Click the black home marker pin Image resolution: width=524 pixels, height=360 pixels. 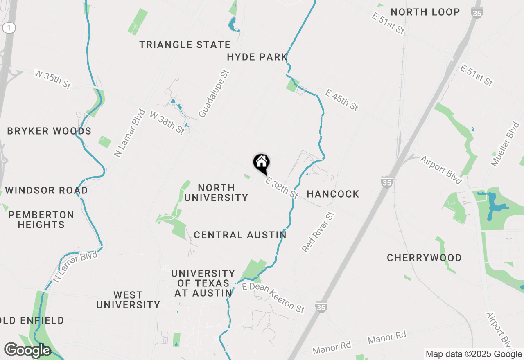tap(262, 163)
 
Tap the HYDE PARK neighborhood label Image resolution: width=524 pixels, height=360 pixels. tap(257, 57)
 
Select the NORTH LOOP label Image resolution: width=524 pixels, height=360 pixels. tap(425, 12)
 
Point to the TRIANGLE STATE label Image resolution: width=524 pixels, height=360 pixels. tap(185, 45)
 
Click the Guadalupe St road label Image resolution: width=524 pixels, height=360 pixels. tap(214, 94)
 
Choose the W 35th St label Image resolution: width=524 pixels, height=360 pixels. tap(53, 79)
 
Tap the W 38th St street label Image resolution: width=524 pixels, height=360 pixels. tap(167, 122)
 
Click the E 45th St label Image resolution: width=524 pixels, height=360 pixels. tap(342, 100)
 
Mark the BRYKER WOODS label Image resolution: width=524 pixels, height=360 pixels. tap(49, 131)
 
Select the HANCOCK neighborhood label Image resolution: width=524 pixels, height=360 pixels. tap(333, 194)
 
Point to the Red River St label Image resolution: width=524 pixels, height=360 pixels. tap(318, 232)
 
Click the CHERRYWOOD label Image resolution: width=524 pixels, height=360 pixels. tap(424, 258)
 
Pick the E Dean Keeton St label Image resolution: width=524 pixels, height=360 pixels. tap(273, 298)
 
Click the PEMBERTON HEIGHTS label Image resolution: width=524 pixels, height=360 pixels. tap(41, 220)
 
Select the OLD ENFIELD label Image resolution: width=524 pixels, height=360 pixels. tap(32, 320)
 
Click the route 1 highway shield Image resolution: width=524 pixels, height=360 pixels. tap(9, 28)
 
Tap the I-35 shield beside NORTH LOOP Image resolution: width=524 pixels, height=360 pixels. tap(477, 12)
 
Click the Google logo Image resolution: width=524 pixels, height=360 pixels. tap(27, 351)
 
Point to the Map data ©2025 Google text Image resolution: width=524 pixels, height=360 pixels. tap(473, 354)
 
